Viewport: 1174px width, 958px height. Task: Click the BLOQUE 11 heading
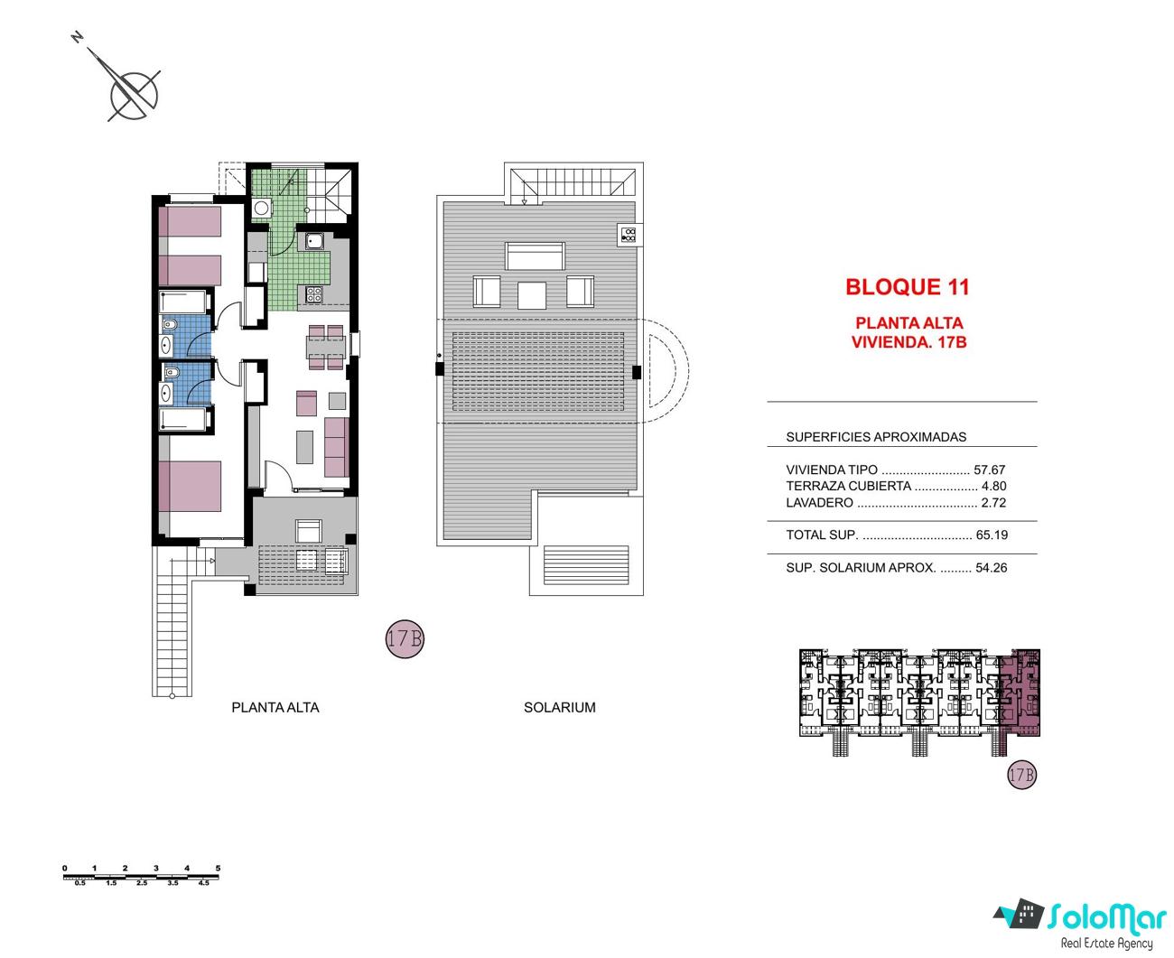point(907,286)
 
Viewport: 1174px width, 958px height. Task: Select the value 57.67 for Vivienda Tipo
point(989,470)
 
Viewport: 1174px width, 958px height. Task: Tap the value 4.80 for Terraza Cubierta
point(993,486)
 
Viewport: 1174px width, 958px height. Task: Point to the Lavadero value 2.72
point(993,503)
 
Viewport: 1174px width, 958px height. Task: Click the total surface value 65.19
point(992,535)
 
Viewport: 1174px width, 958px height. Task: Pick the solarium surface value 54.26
point(992,568)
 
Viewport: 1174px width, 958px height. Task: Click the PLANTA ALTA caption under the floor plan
point(275,708)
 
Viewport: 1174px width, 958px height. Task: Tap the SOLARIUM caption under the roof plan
point(559,708)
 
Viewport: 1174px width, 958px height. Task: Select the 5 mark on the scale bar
point(219,868)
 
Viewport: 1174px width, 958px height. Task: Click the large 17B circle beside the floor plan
point(405,638)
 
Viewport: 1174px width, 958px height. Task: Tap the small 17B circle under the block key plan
point(1021,775)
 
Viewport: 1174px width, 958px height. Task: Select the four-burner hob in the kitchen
point(313,294)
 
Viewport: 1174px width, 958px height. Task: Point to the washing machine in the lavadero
point(261,209)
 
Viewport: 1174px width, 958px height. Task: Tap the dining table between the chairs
point(326,347)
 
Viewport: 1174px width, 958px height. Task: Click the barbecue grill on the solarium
point(629,235)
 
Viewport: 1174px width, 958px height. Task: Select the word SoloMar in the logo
point(1106,919)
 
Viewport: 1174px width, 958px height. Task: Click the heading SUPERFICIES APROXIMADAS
point(876,437)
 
